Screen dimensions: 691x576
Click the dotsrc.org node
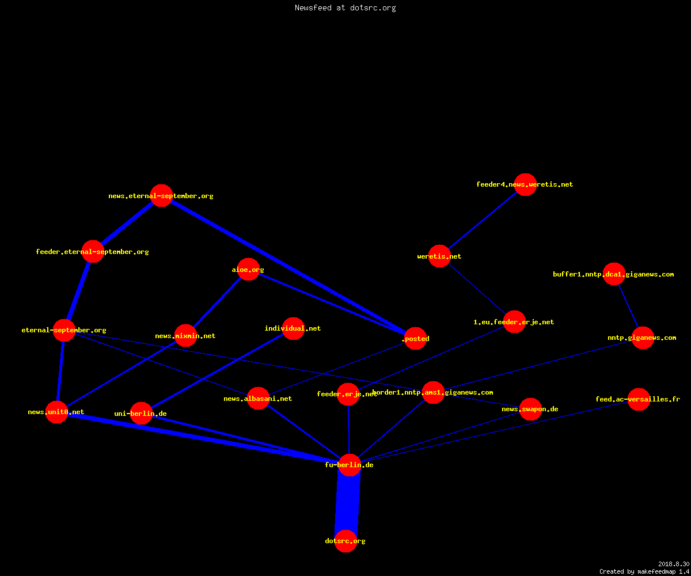click(x=345, y=541)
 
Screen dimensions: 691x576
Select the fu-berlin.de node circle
click(x=350, y=465)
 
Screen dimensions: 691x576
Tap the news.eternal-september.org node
click(x=161, y=196)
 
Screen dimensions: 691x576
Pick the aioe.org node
click(x=248, y=270)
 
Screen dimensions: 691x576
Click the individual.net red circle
click(x=293, y=328)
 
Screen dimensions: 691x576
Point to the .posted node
click(x=416, y=338)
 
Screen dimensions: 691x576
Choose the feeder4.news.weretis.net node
click(x=525, y=184)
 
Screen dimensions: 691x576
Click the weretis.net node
click(x=439, y=256)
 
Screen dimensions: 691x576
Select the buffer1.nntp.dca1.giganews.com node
click(x=614, y=274)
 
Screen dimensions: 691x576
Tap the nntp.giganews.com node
click(x=643, y=338)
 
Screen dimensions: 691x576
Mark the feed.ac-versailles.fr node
click(x=639, y=399)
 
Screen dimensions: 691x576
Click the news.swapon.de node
click(x=530, y=409)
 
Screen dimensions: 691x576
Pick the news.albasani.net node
click(x=258, y=399)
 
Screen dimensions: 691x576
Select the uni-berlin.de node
click(x=141, y=414)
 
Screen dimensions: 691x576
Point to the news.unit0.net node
click(x=56, y=412)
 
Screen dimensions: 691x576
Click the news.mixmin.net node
click(x=185, y=336)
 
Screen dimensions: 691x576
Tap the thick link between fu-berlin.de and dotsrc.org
click(x=347, y=503)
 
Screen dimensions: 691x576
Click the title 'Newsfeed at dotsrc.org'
click(x=345, y=7)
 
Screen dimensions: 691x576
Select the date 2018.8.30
click(x=674, y=564)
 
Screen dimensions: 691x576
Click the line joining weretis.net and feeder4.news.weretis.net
click(x=483, y=220)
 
